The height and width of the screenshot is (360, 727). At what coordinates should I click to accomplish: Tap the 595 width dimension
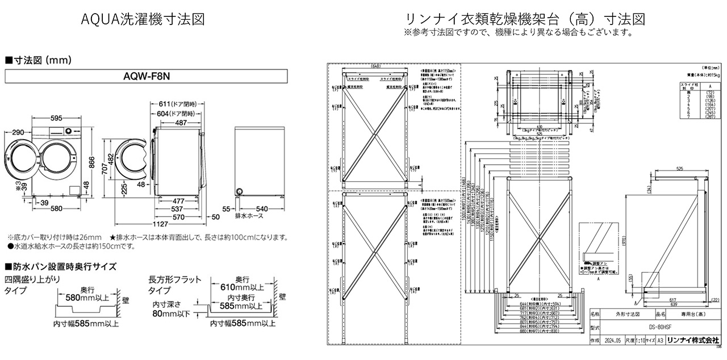tap(55, 119)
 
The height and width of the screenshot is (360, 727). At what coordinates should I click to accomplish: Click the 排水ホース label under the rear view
tap(249, 216)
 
